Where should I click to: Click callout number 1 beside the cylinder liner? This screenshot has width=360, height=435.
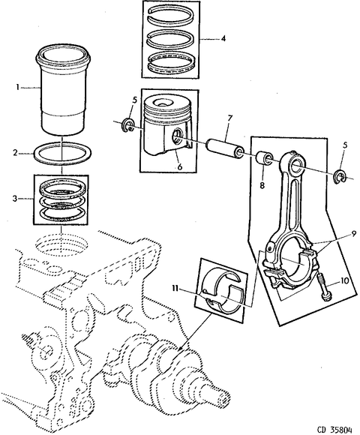point(17,88)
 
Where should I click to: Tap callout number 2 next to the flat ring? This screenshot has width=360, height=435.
point(16,152)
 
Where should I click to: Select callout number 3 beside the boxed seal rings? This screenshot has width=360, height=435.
point(15,198)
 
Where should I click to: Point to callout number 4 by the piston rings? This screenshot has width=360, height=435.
point(223,38)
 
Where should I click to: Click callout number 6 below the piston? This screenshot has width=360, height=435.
point(180,166)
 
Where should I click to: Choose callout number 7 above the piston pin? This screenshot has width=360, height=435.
point(229,118)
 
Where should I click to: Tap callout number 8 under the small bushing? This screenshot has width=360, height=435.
point(262,185)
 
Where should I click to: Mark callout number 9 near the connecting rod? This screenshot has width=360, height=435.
point(353,234)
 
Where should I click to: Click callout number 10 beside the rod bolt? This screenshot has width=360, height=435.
point(344,280)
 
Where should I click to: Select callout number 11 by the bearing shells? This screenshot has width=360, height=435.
point(175,289)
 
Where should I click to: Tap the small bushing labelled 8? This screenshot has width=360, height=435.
point(264,158)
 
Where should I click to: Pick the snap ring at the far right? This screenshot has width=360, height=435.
point(340,177)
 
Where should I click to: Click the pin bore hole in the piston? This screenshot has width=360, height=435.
point(176,135)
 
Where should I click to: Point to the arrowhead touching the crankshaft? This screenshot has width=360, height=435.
point(179,349)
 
